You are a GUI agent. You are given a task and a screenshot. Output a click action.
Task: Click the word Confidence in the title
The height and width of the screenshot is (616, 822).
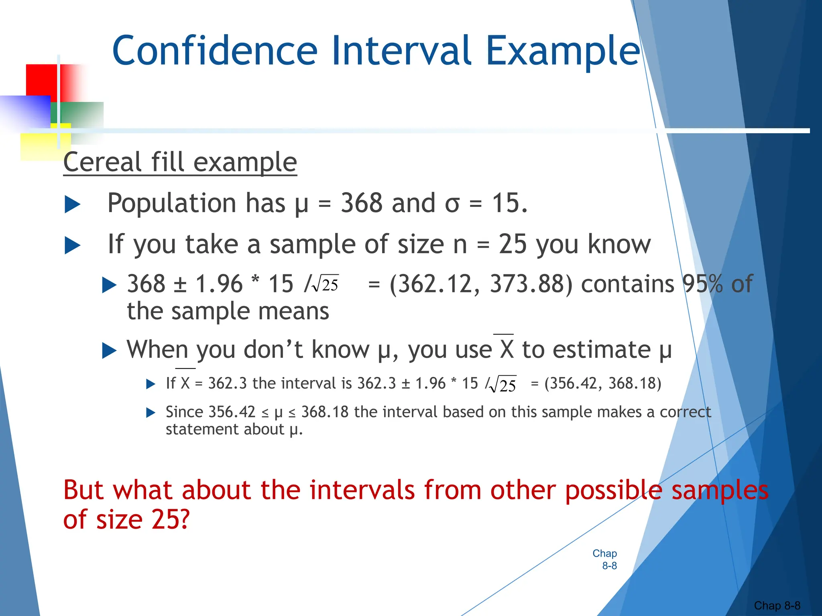[x=215, y=51]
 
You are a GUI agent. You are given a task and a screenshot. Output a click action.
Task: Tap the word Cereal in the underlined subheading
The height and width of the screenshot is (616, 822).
[x=103, y=162]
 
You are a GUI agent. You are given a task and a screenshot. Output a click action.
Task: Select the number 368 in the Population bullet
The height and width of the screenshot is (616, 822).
[x=362, y=203]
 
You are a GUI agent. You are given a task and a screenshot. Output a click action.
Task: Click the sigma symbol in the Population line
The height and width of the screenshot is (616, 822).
[x=452, y=204]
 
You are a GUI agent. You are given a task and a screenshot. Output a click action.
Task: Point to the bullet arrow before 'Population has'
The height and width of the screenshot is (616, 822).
[x=73, y=205]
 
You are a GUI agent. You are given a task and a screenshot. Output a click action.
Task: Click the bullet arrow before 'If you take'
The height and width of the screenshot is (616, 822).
[x=73, y=245]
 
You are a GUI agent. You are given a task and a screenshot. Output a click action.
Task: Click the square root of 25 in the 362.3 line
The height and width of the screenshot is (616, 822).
[x=504, y=385]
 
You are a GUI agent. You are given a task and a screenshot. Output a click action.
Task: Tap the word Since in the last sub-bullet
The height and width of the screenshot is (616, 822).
[x=184, y=412]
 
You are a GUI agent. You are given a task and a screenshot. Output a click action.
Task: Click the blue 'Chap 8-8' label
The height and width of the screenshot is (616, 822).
[x=605, y=559]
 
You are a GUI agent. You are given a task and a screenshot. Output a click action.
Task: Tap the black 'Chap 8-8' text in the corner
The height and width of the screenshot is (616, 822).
[x=777, y=605]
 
